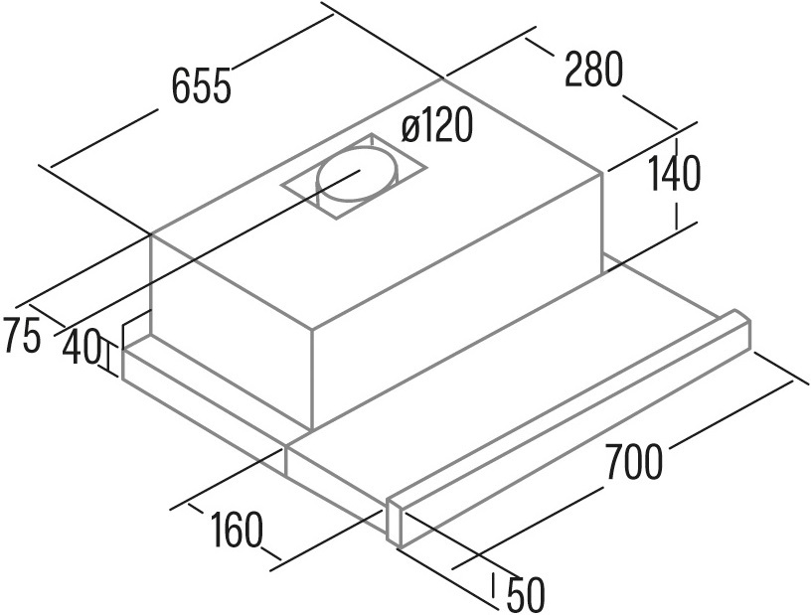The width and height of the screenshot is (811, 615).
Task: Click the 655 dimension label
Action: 201,85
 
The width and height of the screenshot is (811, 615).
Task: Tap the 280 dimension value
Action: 593,70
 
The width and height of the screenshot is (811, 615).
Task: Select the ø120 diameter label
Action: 437,126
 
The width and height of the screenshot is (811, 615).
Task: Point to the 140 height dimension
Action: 674,173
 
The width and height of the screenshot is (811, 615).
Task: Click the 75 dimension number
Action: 21,336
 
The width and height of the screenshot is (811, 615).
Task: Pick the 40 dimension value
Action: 81,347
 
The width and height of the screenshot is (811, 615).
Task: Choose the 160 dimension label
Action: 237,530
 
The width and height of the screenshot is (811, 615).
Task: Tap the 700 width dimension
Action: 634,462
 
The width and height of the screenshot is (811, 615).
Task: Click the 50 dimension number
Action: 526,595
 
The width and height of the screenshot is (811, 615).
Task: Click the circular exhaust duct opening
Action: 357,173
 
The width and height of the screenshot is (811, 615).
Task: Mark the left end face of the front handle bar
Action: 395,523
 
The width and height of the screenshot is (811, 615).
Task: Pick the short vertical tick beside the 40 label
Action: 109,357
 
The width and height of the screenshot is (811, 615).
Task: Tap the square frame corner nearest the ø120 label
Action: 372,134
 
